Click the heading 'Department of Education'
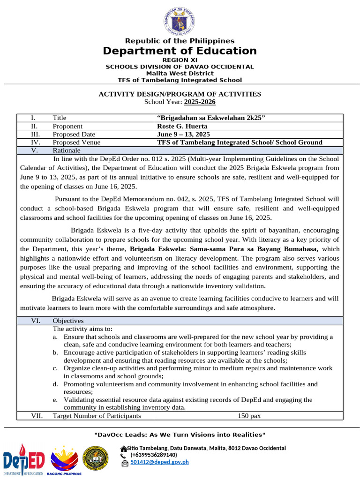tap(180, 51)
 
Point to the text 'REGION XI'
tap(180, 60)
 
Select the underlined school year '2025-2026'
tap(200, 102)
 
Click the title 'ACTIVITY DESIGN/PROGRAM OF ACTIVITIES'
tap(180, 94)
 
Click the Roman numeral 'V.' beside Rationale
tap(34, 150)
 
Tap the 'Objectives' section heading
tap(68, 321)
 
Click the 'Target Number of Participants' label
tap(97, 416)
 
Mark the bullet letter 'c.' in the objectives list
tap(55, 368)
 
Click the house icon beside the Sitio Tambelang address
tap(123, 448)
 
